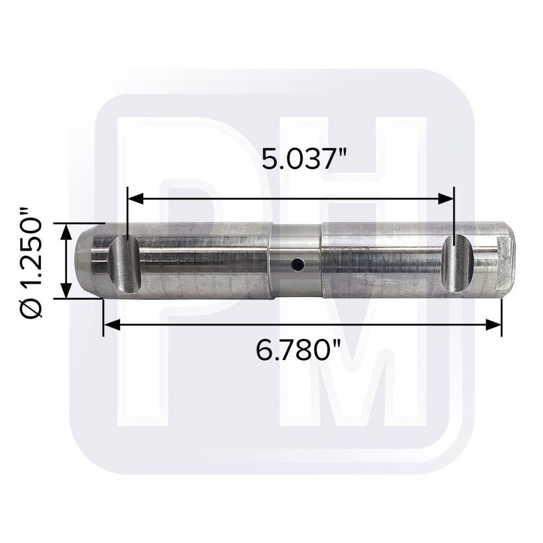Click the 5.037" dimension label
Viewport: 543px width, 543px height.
point(304,159)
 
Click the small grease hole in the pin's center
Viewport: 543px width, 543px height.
point(298,265)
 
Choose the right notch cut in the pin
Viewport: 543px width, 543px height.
point(458,263)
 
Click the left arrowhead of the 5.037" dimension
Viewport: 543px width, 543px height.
point(136,199)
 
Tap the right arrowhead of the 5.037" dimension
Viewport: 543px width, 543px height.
point(446,199)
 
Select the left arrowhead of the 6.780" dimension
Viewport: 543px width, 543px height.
point(112,325)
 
